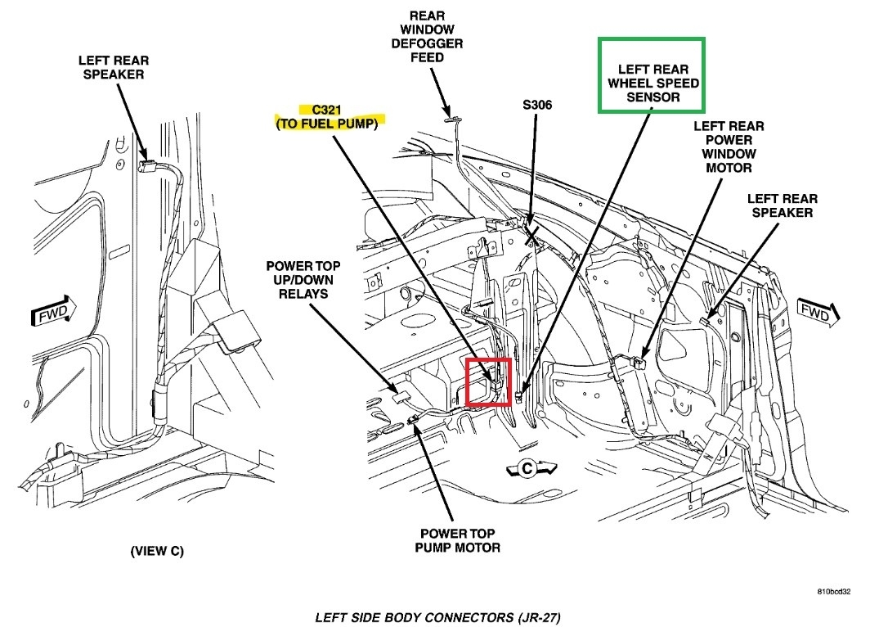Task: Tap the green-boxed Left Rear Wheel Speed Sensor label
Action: [x=652, y=83]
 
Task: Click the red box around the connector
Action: [x=488, y=381]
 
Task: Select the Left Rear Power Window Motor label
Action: [x=729, y=147]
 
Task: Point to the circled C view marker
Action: [x=526, y=468]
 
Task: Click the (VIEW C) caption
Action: [x=157, y=551]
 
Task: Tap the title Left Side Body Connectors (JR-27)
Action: [x=437, y=616]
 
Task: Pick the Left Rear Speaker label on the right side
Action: [x=782, y=205]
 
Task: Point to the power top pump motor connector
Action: [x=414, y=419]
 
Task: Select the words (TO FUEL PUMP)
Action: [x=329, y=123]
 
